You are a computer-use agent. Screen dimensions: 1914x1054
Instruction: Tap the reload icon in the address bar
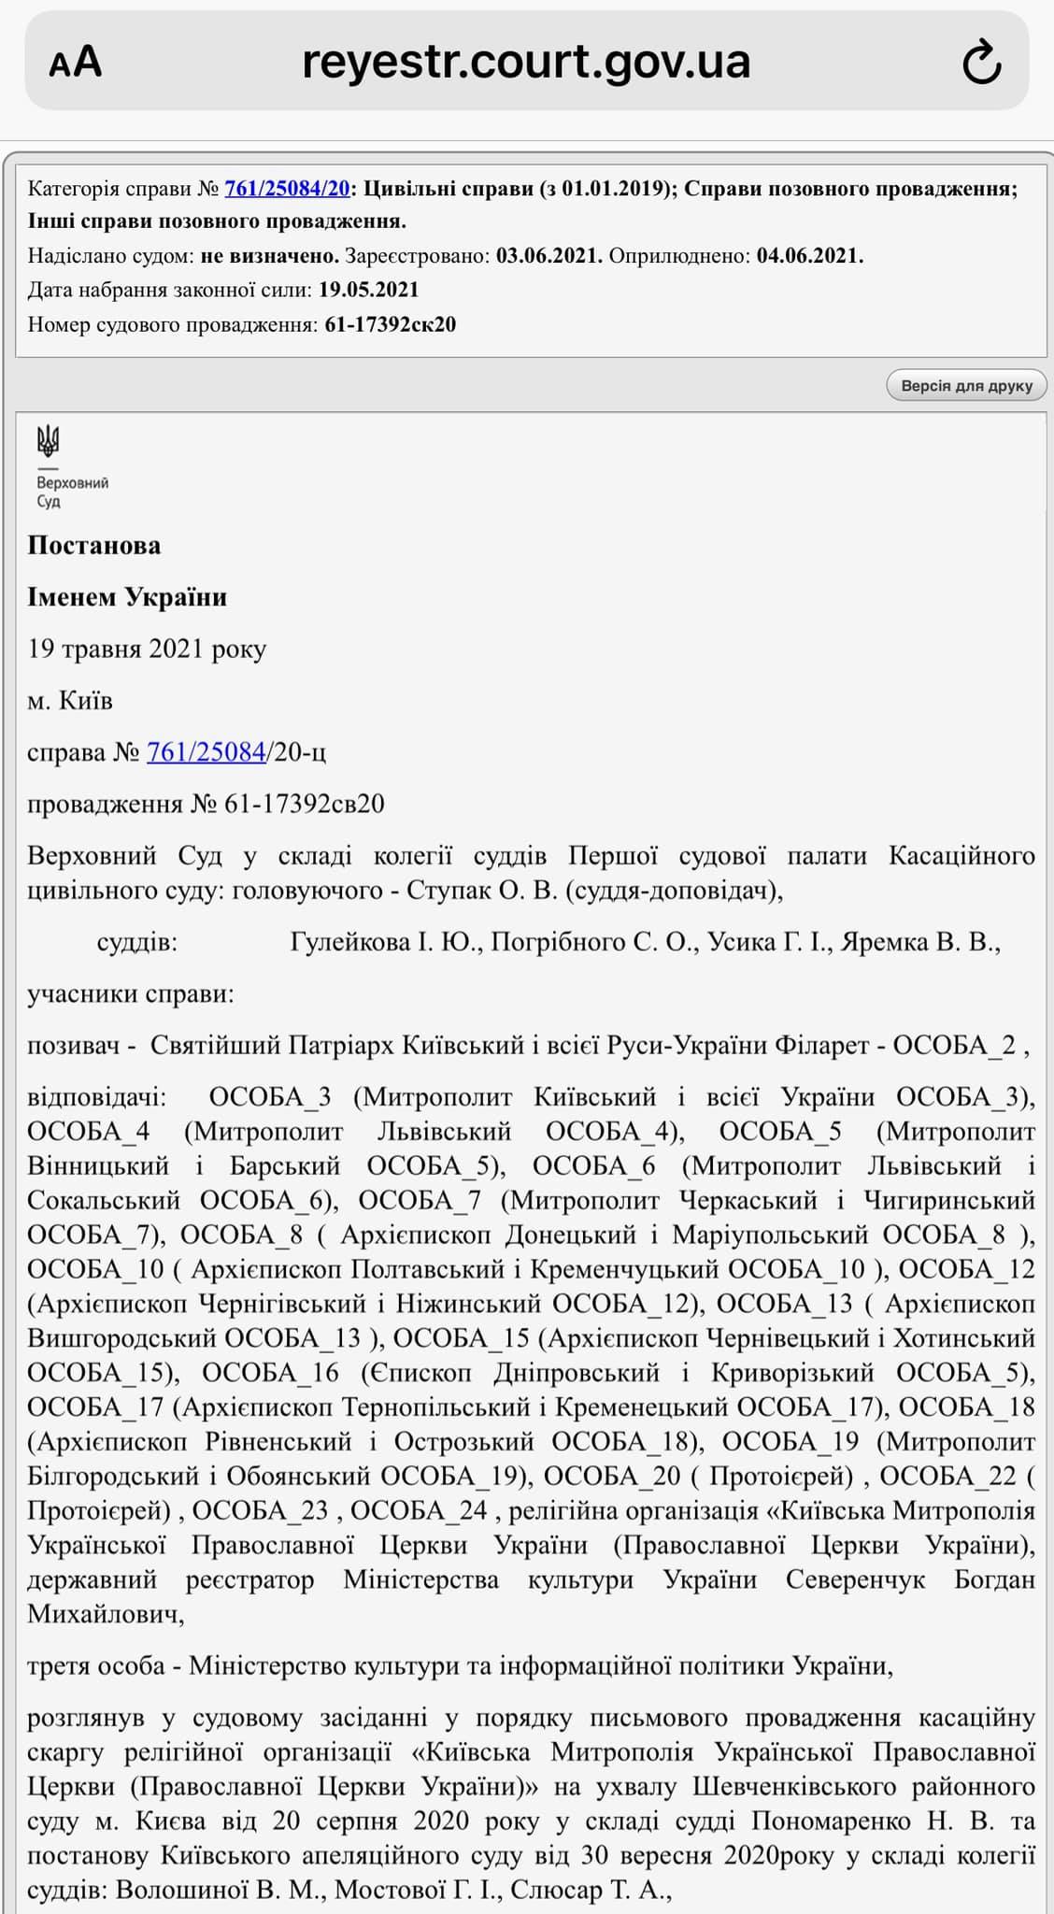point(981,64)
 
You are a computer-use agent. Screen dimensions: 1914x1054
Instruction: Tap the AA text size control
point(76,63)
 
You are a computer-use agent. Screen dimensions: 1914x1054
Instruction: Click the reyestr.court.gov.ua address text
point(526,62)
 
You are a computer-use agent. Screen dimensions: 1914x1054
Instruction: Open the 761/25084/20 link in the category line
point(287,188)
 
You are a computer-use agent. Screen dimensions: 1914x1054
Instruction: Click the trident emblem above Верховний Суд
point(48,440)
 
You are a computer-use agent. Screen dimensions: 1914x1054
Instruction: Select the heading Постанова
point(94,546)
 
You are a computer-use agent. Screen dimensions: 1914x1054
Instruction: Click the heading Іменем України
point(127,597)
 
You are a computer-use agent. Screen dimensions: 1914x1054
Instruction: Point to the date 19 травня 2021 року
point(147,649)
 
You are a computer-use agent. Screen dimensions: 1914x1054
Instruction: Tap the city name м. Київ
point(70,700)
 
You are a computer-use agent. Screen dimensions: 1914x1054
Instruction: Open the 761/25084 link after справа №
point(206,751)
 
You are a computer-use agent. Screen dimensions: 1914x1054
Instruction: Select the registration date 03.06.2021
point(548,256)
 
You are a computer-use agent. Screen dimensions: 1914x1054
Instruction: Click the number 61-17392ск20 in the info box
point(390,324)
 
